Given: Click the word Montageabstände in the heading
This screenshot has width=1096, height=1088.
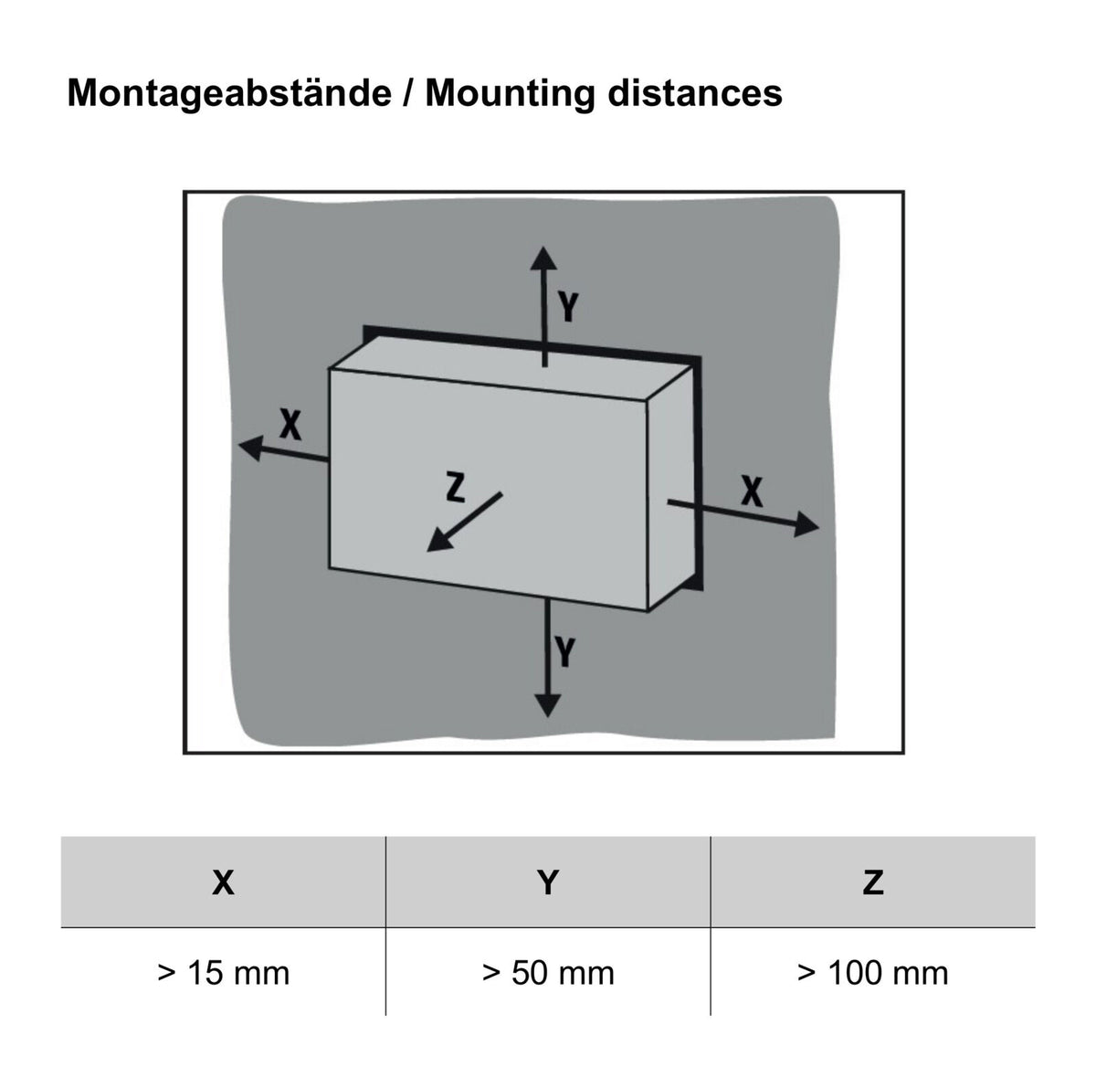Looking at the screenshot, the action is [229, 93].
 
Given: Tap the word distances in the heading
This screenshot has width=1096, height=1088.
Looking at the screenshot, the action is [695, 93].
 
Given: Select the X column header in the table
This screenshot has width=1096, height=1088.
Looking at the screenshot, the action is [223, 882].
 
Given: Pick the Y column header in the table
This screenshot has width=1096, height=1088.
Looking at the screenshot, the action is [548, 882].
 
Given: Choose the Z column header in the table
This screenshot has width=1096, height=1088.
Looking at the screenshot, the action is [873, 882].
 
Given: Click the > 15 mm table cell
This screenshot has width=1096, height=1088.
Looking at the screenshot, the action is [224, 973].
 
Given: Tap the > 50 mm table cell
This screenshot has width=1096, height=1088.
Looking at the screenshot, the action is [548, 973].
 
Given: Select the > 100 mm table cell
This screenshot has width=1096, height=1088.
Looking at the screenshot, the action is [873, 973].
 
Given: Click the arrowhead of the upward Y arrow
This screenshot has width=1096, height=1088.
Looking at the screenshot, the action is [543, 259].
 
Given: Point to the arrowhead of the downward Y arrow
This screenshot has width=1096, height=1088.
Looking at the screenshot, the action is [548, 705].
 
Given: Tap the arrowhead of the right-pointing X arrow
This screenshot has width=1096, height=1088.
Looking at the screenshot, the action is [806, 524].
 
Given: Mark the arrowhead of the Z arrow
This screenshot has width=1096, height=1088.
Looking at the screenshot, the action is [438, 540].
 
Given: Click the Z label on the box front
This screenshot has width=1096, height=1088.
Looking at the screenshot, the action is [456, 488].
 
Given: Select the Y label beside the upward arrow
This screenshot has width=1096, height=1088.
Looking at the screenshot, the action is [567, 306].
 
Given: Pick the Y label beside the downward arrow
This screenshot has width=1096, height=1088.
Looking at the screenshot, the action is [565, 651].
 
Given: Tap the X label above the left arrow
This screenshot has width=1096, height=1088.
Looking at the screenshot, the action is [290, 424].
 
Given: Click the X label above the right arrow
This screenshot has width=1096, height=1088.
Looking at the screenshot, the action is [752, 491].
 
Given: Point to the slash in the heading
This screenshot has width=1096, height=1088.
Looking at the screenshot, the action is [407, 93].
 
